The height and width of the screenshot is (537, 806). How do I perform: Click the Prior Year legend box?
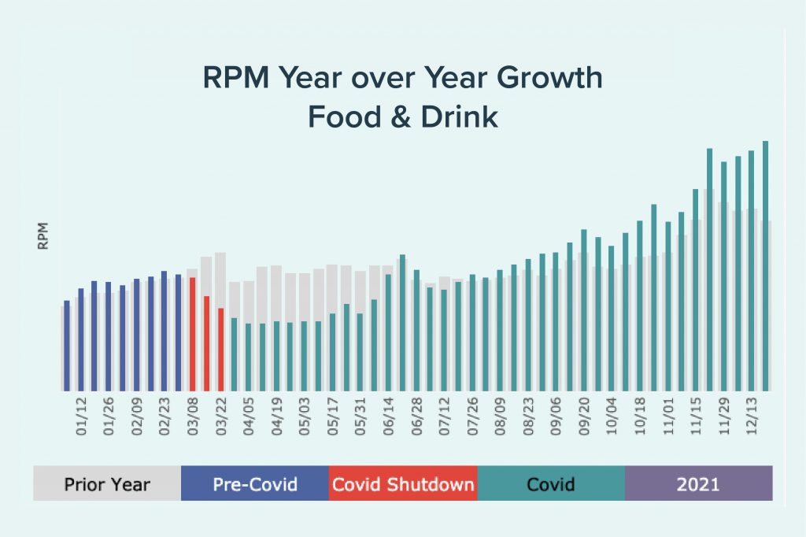click(x=107, y=483)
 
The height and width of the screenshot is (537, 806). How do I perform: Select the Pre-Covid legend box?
click(x=255, y=483)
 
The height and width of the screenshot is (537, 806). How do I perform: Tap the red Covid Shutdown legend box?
click(x=403, y=483)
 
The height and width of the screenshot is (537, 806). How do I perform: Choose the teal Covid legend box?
click(x=551, y=483)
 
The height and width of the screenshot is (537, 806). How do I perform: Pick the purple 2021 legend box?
click(x=699, y=483)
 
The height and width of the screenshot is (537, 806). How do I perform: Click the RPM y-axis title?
click(x=44, y=235)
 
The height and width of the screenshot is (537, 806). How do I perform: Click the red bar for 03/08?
click(x=193, y=334)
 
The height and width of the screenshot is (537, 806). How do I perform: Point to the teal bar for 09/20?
click(x=584, y=310)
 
